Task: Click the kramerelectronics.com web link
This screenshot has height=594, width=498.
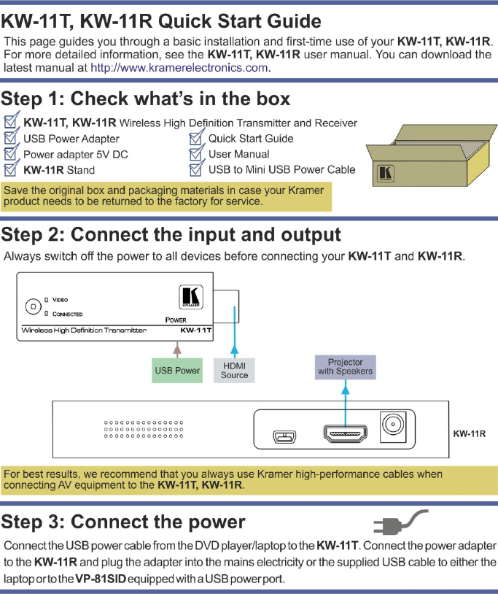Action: (179, 68)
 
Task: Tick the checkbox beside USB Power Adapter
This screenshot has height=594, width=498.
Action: (11, 138)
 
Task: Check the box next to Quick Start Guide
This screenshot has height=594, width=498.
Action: (196, 138)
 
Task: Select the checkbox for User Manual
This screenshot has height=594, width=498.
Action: (196, 154)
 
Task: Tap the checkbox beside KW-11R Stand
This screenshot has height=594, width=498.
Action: (11, 170)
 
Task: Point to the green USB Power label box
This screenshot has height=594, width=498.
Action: (177, 370)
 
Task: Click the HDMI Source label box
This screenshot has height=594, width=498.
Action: (235, 370)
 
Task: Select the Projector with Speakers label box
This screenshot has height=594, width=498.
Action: (345, 366)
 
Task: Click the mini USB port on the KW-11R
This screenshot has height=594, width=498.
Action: (283, 436)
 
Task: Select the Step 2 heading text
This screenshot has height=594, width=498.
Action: (171, 234)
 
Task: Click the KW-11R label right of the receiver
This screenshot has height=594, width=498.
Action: (470, 433)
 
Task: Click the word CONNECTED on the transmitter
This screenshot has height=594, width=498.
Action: (68, 314)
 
